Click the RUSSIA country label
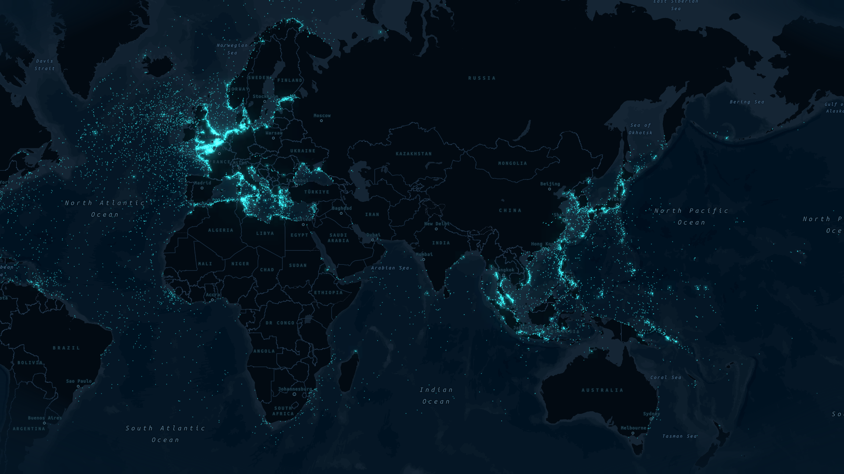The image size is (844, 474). [482, 78]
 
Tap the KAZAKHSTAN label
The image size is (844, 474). [414, 154]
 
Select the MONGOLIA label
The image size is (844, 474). [513, 163]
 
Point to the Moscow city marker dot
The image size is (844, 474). [321, 121]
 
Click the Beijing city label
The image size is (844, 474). [550, 184]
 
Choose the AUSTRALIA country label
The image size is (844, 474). [602, 390]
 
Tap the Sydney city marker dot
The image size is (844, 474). [651, 419]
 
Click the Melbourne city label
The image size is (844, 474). [633, 428]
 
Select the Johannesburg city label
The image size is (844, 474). [295, 389]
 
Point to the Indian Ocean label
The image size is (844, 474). [436, 395]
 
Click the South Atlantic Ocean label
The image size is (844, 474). [165, 434]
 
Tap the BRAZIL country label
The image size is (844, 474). [66, 348]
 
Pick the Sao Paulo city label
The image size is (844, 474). [79, 381]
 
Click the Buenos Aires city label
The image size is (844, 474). [45, 418]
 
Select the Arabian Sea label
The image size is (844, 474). [390, 268]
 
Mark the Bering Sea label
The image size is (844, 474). [747, 102]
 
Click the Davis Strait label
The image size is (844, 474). [45, 65]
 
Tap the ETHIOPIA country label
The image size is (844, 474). [328, 293]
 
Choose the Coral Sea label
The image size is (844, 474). [666, 377]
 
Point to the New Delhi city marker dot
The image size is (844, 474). [436, 229]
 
